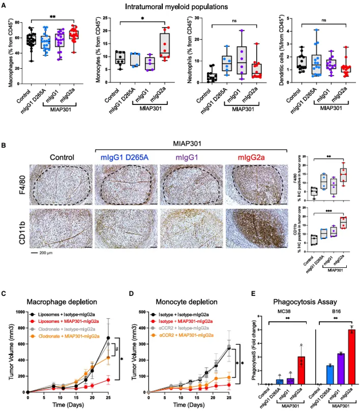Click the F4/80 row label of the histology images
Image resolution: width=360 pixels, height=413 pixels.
(17, 184)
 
